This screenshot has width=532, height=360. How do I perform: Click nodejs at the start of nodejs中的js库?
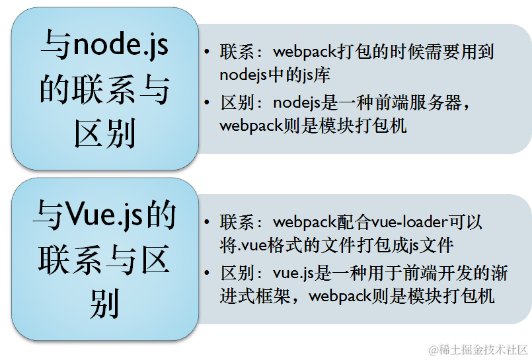(x=242, y=74)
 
